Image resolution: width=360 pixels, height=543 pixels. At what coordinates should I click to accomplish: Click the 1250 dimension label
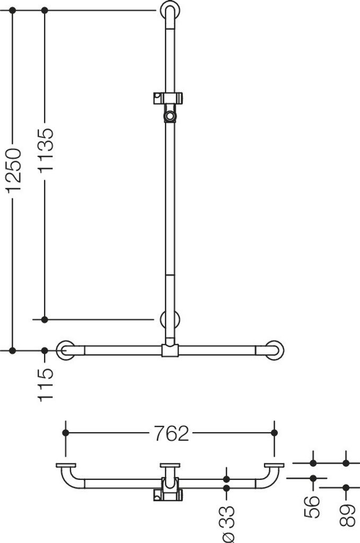click(13, 170)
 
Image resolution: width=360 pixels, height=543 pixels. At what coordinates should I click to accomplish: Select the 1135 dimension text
click(46, 150)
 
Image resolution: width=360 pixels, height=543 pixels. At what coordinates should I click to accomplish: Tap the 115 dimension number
click(46, 385)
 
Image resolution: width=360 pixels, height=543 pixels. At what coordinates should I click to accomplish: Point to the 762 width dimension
click(171, 433)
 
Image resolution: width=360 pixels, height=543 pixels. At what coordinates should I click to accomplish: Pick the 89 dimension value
click(347, 515)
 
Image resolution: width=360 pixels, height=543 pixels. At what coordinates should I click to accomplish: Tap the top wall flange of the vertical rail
click(170, 10)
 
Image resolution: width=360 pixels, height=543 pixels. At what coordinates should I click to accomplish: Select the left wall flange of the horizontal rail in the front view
click(65, 351)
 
